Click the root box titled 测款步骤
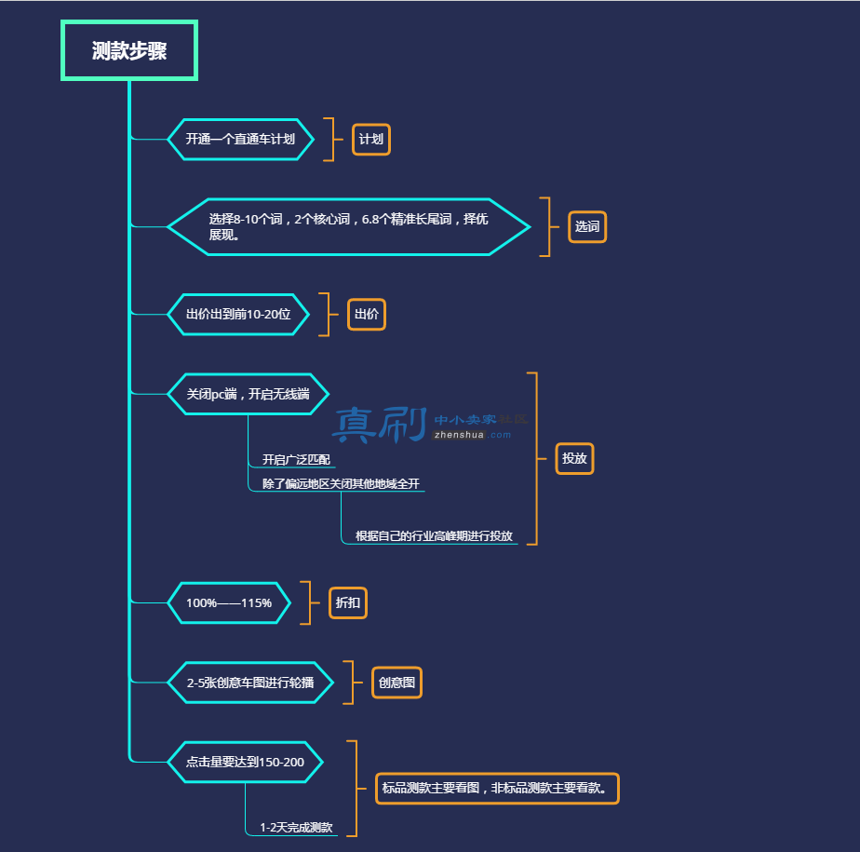coord(128,50)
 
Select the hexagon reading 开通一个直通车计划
coord(241,140)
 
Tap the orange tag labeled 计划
coord(371,140)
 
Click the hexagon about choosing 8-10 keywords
coord(349,226)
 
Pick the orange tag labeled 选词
coord(587,226)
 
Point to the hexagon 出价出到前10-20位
coord(238,315)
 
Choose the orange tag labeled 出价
coord(367,315)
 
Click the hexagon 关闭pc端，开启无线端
coord(248,394)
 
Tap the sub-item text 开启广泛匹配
coord(296,459)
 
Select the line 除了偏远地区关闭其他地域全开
coord(341,483)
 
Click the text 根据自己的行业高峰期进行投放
coord(434,535)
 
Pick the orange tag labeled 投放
coord(575,458)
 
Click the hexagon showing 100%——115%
coord(229,603)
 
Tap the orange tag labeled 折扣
coord(348,603)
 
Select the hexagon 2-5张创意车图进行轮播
coord(250,683)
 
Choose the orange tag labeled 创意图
coord(397,683)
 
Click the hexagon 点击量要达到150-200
coord(245,762)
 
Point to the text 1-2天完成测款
coord(296,827)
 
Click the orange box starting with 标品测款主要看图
coord(497,789)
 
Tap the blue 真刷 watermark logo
coord(380,425)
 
